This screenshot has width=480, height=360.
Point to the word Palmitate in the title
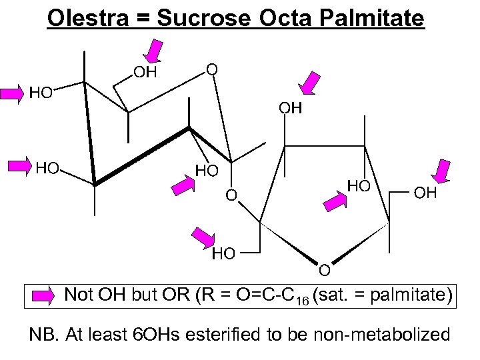coord(374,18)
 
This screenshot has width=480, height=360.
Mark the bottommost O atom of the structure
coord(323,270)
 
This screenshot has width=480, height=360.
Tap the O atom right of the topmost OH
coord(211,69)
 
